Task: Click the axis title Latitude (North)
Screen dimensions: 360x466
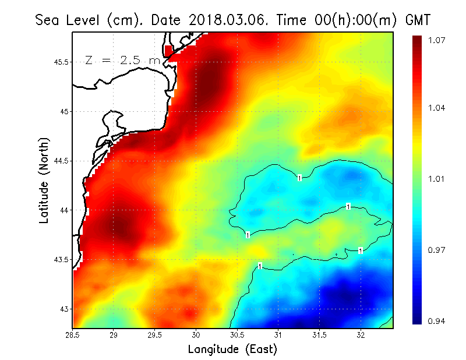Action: pos(44,180)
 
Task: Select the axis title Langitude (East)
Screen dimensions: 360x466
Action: pos(232,350)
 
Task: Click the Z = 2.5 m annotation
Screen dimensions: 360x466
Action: pos(122,60)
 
